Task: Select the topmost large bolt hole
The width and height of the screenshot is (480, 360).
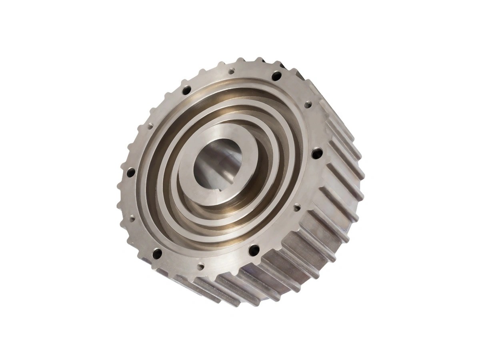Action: pyautogui.click(x=276, y=76)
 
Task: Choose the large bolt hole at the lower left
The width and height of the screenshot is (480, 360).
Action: pyautogui.click(x=157, y=253)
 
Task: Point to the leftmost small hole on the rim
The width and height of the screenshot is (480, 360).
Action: pyautogui.click(x=132, y=218)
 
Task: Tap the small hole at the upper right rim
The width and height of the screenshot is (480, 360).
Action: pyautogui.click(x=308, y=105)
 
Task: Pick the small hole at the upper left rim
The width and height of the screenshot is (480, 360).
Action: pyautogui.click(x=150, y=126)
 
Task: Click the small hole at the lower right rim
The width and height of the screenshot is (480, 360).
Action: pyautogui.click(x=296, y=207)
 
